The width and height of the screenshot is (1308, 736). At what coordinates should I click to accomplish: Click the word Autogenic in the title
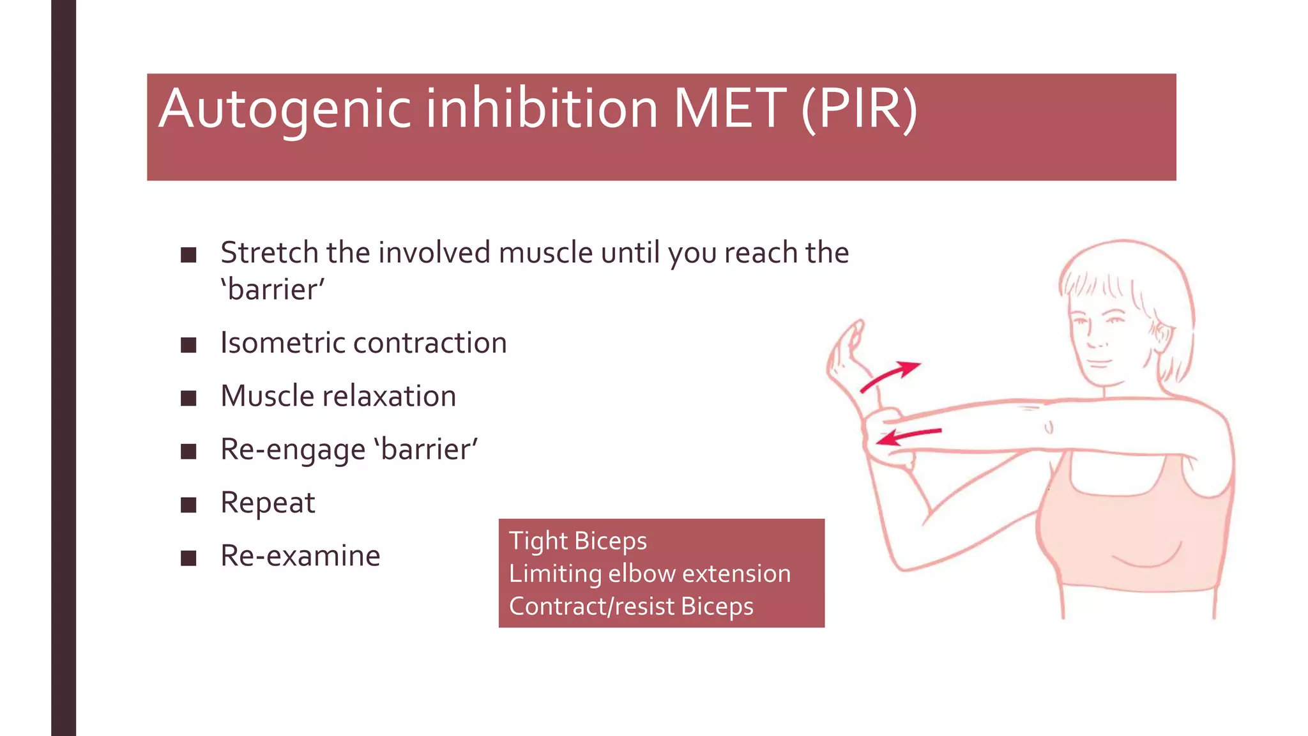coord(285,109)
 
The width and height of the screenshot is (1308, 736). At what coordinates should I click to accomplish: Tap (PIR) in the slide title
coord(859,109)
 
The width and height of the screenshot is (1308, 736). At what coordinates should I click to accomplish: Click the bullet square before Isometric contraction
coord(188,346)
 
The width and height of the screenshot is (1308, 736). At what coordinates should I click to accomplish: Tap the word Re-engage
coord(293,450)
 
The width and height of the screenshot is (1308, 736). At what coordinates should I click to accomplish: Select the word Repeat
coord(268,503)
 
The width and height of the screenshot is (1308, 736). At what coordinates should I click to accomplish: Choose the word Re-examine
coord(300,556)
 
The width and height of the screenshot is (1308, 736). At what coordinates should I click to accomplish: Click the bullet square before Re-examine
coord(188,558)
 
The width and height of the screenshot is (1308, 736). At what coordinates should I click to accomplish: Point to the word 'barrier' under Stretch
coord(273,290)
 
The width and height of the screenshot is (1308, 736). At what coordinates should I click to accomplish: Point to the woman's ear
coord(1162,335)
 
